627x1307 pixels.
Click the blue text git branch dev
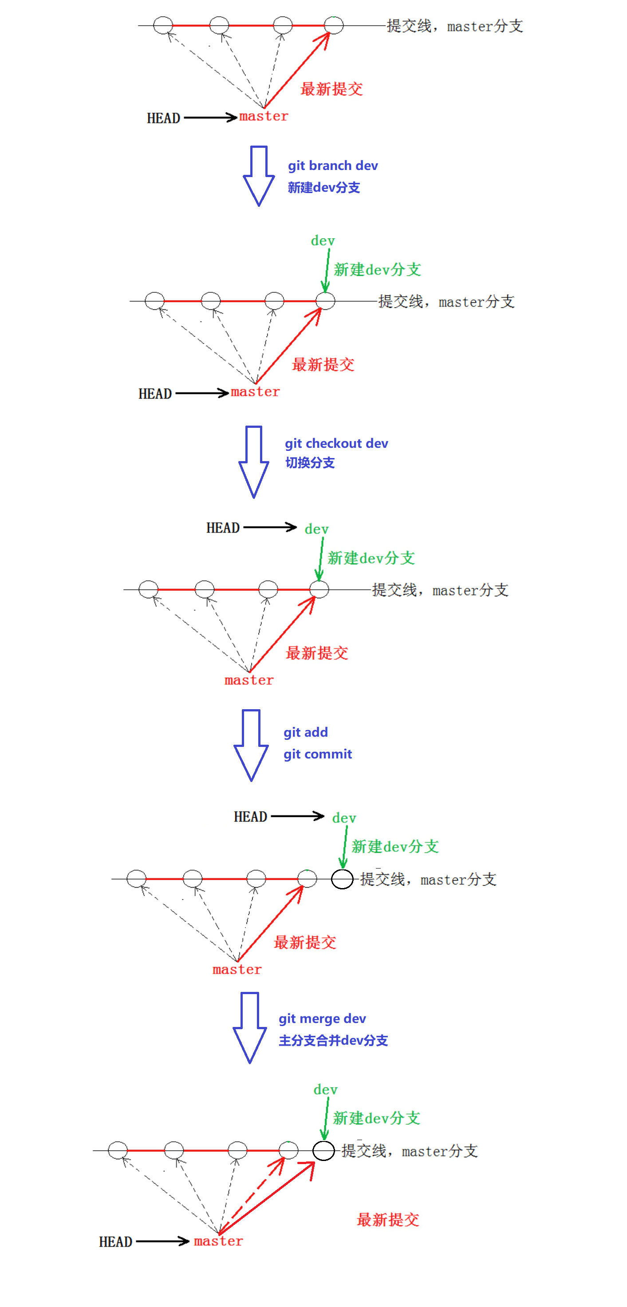click(x=332, y=166)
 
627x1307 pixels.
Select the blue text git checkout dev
click(x=336, y=443)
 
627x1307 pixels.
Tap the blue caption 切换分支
click(x=309, y=463)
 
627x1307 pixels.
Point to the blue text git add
click(x=305, y=732)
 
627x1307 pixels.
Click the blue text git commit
click(x=317, y=754)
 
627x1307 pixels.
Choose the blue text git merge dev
click(x=322, y=1019)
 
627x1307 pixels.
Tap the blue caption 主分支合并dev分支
click(x=333, y=1041)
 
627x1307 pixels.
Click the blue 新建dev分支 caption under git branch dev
click(x=323, y=188)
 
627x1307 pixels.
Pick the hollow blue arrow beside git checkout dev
click(x=254, y=461)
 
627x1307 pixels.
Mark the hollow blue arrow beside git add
click(x=251, y=744)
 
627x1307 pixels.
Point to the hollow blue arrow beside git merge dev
click(x=249, y=1027)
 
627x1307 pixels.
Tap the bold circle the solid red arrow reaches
click(x=323, y=1151)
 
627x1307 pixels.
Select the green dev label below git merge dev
click(x=325, y=1090)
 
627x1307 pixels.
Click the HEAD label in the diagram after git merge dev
click(x=115, y=1242)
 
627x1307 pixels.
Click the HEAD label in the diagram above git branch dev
click(x=163, y=118)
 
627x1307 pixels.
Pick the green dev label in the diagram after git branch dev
click(x=323, y=241)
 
